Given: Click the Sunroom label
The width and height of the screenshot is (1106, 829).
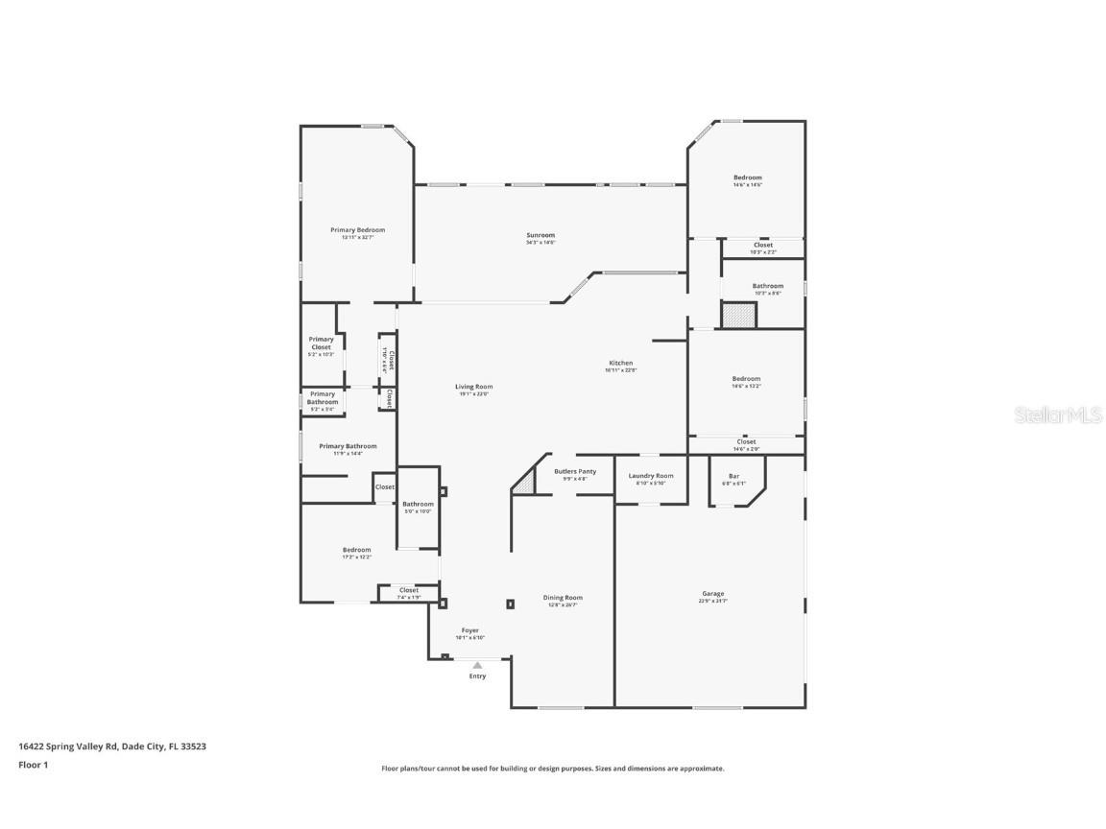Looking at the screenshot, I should pos(541,235).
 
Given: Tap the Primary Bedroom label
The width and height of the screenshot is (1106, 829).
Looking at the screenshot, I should pos(357,230).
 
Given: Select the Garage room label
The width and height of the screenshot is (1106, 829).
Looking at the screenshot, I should pos(712,594).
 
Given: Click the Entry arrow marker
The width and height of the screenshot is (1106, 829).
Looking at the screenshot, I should pos(477,664).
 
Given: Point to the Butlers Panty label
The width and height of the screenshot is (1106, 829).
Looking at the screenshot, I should pos(575,471).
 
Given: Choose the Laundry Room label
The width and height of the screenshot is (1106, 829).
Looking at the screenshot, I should pos(651,476).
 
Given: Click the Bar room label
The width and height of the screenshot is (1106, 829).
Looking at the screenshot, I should pos(733,476).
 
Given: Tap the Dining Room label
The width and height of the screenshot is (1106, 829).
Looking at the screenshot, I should pos(563,598).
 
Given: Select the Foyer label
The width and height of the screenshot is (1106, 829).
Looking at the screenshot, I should pos(469,630).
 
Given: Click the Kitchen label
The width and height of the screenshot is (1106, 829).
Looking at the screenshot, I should pos(620,364).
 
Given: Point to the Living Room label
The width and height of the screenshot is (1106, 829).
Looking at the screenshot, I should pos(473,387).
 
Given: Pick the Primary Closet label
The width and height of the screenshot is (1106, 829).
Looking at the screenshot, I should pos(321,343).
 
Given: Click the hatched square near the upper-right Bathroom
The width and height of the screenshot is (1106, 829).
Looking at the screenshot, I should pos(738,315).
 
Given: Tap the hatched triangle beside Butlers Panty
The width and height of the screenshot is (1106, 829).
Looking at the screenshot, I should pos(523,483).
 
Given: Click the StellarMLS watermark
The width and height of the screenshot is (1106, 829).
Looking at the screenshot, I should pos(1059,414).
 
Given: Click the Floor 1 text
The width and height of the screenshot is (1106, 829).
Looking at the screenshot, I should pos(33,765).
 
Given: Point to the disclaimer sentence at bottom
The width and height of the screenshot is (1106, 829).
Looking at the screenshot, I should pos(553,769).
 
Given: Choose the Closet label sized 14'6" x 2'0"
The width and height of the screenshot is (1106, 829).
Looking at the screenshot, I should pos(746,442).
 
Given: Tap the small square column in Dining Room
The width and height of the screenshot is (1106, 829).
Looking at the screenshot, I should pos(510,604).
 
